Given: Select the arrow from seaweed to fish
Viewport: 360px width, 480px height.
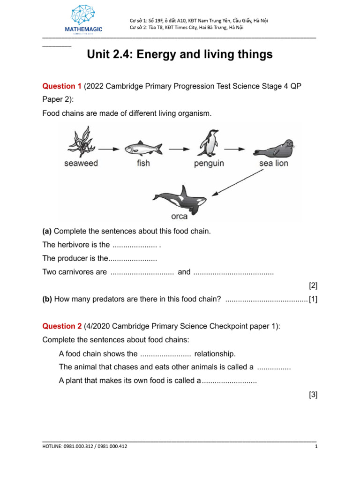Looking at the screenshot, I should [x=109, y=149].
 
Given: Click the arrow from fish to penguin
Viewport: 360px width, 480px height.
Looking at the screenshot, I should [x=179, y=149].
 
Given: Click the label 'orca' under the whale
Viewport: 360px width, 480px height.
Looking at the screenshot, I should [x=179, y=217].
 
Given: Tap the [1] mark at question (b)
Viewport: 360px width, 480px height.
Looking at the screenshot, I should [x=313, y=300].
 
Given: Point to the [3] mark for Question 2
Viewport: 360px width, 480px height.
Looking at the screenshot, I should [x=313, y=395].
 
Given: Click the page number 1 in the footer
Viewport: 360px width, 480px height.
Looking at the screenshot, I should [x=316, y=447].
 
